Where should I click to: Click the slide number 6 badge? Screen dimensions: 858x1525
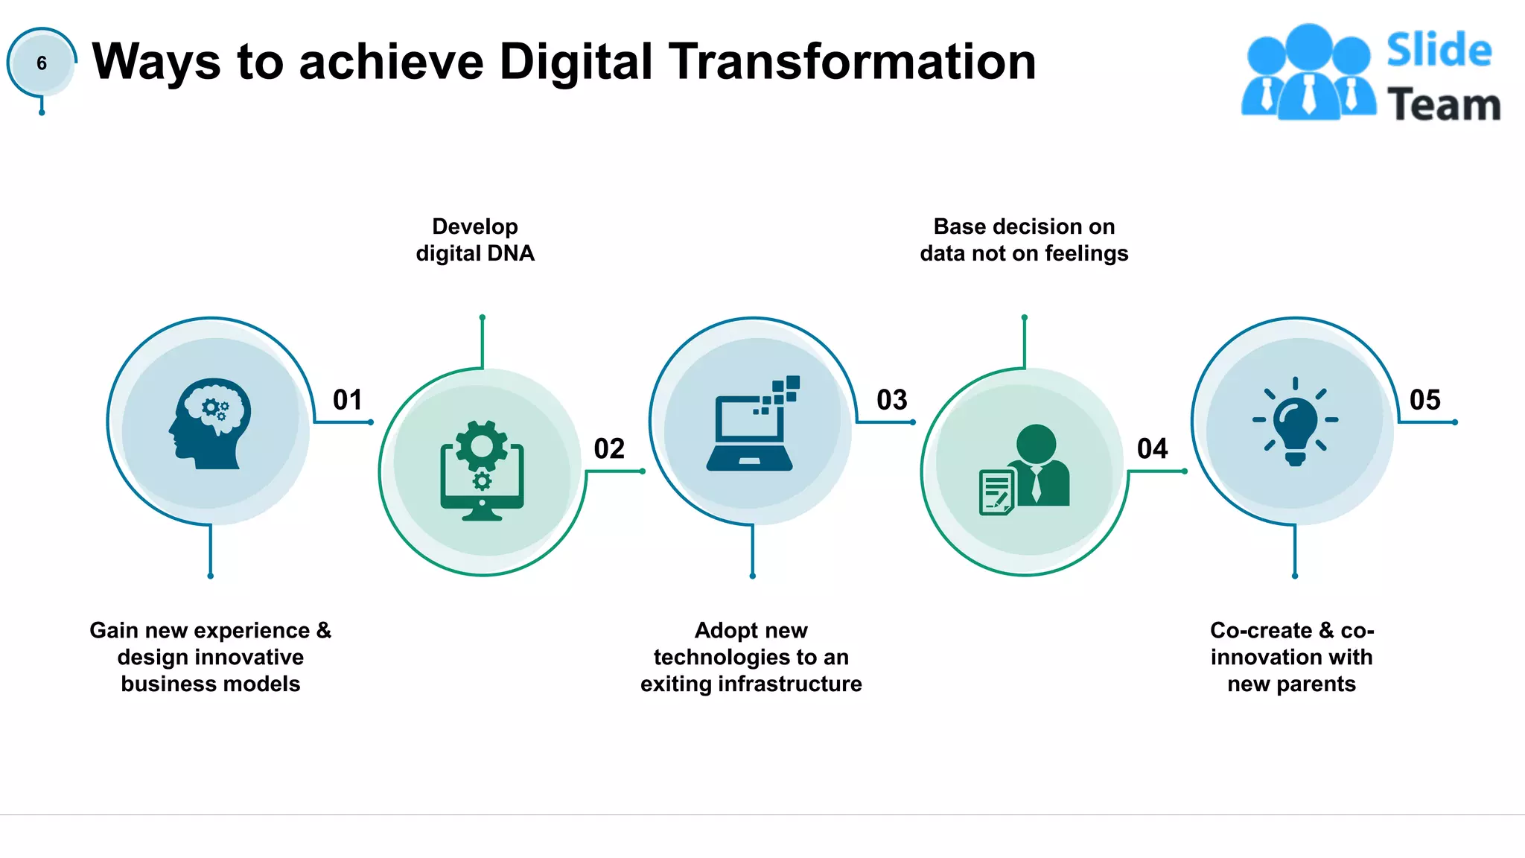42,63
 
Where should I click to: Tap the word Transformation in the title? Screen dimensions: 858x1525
852,61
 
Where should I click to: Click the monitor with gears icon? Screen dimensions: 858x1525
482,471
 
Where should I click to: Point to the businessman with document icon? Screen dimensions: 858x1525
1025,471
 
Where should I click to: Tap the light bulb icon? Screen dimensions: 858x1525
1295,422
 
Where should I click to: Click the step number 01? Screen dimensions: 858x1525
348,400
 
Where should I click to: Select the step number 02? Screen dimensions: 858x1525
609,449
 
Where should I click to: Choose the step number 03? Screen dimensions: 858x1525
892,400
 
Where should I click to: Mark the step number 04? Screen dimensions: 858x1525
1153,449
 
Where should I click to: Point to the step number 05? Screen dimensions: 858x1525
1425,400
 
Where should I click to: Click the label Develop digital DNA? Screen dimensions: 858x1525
475,240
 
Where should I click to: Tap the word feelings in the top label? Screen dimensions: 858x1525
1086,254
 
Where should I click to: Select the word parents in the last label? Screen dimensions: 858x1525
1317,684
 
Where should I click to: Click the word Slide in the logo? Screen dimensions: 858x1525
1439,51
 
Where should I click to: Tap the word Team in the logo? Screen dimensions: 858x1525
1444,104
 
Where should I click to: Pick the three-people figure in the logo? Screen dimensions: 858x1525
1308,72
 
